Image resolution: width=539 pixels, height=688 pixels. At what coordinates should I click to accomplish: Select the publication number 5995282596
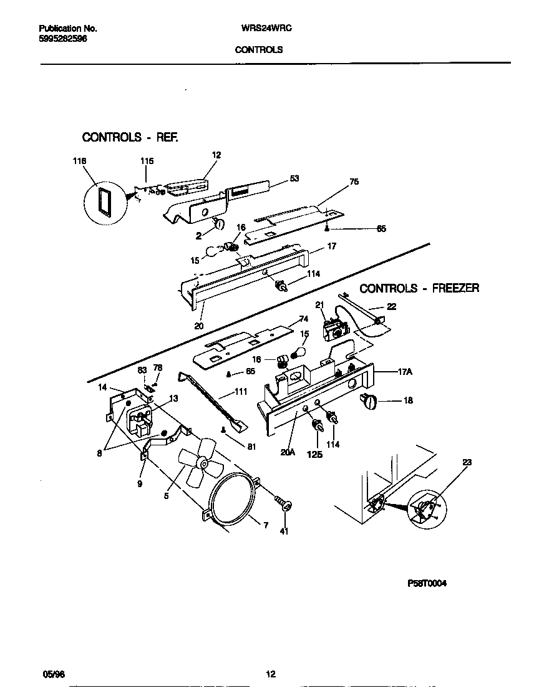(x=63, y=39)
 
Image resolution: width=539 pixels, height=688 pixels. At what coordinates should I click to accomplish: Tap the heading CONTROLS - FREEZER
(x=419, y=288)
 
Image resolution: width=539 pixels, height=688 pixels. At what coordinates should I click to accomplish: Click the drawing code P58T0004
(x=427, y=584)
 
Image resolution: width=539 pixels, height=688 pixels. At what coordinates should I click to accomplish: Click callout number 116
(x=79, y=161)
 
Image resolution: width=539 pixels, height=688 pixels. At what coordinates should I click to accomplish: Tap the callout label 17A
(x=405, y=372)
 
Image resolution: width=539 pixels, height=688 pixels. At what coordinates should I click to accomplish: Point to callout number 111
(x=240, y=392)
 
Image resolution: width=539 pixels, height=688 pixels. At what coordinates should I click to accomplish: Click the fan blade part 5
(x=198, y=462)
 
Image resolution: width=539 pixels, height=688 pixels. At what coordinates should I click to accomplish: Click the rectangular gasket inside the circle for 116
(x=102, y=203)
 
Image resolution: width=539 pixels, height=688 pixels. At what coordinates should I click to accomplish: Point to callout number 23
(x=467, y=462)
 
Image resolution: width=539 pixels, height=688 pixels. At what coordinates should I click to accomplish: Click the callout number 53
(x=294, y=178)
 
